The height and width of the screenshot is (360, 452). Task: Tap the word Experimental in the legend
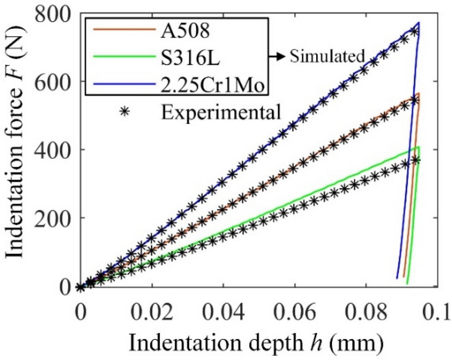220,111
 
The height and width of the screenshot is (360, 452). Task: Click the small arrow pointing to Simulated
280,55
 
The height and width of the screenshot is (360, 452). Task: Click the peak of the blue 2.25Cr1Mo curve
419,23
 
